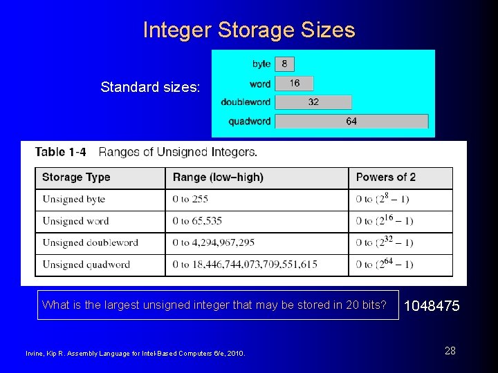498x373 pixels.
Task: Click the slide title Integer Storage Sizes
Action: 249,30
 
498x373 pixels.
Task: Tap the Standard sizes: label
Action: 150,87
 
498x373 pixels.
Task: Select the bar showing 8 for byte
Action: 284,64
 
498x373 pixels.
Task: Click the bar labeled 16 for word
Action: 294,83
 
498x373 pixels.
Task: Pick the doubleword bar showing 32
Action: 313,102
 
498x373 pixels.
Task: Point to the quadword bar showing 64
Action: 351,121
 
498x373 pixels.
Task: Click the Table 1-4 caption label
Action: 61,152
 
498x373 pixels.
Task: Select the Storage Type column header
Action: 76,178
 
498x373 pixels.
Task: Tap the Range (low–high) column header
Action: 218,178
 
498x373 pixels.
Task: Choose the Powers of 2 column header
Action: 386,178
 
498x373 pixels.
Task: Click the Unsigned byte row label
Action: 74,200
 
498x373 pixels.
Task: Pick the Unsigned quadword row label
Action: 86,265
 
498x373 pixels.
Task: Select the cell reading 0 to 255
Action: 190,200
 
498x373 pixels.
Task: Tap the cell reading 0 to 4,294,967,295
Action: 214,242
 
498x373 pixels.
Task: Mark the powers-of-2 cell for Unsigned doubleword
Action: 385,242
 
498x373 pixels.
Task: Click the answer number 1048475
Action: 431,305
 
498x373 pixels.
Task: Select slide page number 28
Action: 450,351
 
